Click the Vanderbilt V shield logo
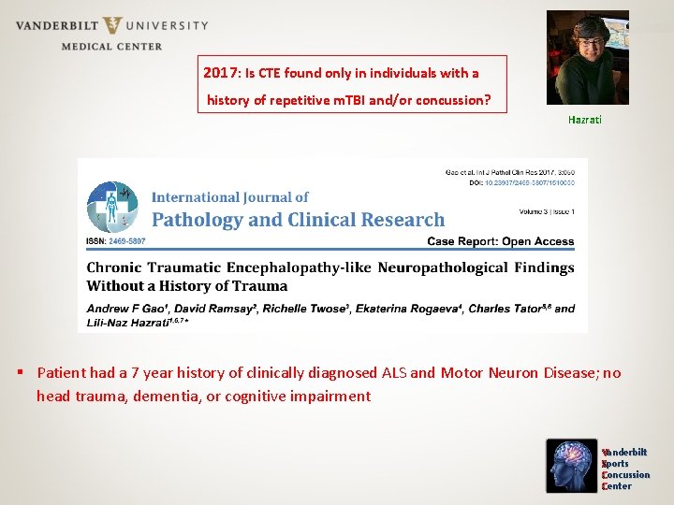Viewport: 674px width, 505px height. coord(112,26)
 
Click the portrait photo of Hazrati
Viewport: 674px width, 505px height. coord(587,58)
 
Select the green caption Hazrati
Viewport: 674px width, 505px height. coord(585,120)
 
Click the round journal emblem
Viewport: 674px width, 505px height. coord(112,208)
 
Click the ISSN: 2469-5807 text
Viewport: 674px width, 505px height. coord(116,241)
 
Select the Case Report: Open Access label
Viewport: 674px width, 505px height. coord(500,241)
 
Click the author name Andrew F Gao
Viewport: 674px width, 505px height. coord(123,309)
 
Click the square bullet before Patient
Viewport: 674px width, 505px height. coord(22,373)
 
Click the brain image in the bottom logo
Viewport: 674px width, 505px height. coord(572,466)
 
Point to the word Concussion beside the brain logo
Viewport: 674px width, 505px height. coord(626,475)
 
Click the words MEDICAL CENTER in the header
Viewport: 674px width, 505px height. coord(111,46)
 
